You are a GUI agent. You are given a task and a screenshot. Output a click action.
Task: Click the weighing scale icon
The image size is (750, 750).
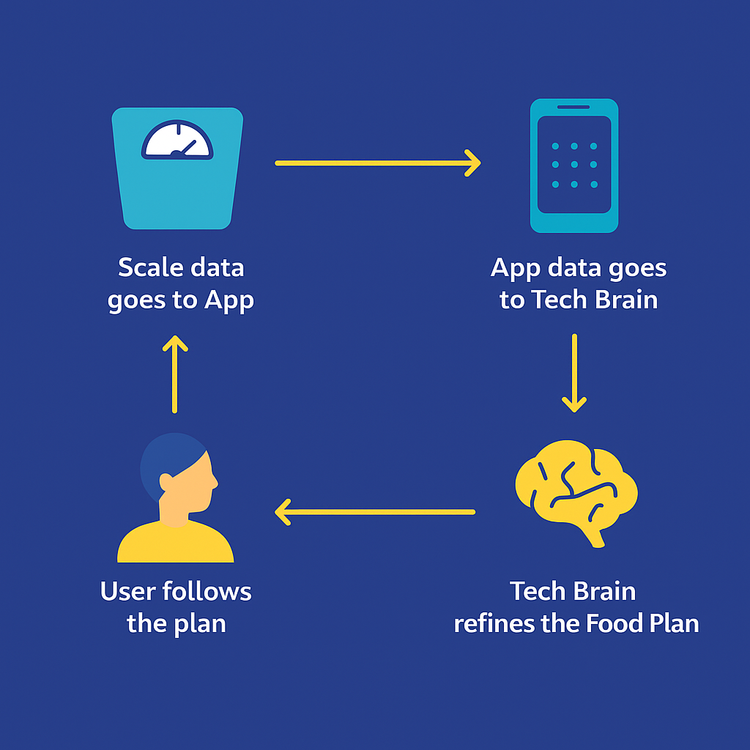[177, 190]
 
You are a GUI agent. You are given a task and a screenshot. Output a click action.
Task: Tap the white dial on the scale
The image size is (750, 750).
[177, 140]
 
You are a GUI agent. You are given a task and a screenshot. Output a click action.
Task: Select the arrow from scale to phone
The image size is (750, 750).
[377, 163]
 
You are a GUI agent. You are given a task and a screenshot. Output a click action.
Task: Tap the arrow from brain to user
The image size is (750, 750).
[375, 512]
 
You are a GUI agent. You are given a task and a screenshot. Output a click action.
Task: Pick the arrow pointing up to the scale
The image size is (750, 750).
[175, 374]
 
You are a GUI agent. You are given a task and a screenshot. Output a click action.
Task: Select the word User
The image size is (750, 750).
[125, 592]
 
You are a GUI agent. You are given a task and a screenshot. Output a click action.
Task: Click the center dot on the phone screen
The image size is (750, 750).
[574, 165]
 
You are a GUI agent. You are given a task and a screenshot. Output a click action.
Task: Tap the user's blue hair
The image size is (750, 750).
[165, 454]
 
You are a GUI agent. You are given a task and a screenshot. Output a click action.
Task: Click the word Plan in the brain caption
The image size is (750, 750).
[674, 624]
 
